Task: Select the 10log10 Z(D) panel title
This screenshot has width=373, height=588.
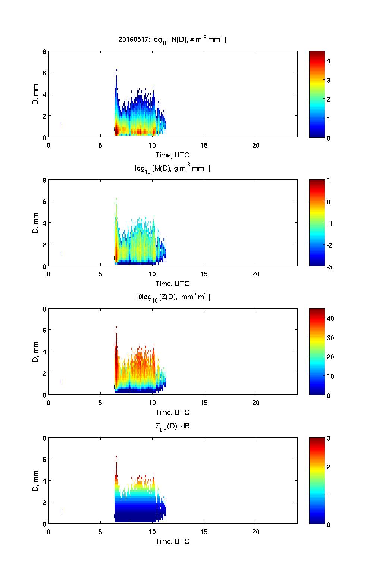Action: tap(172, 297)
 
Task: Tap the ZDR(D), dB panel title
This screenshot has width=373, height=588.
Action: tap(172, 426)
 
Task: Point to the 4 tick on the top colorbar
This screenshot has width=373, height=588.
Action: tap(328, 61)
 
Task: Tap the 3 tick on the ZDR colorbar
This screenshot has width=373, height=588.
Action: tap(328, 438)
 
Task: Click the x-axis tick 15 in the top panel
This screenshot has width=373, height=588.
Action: tap(204, 146)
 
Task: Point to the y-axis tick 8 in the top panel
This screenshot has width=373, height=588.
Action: tap(44, 52)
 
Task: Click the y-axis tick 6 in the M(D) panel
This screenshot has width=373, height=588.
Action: tap(44, 201)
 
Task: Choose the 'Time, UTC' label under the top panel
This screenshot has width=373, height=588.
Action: tap(172, 155)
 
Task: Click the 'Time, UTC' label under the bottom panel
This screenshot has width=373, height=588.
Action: tap(172, 541)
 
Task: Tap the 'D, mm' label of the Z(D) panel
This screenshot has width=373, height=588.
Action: tap(36, 352)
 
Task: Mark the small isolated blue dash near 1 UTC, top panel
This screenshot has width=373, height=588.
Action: tap(60, 125)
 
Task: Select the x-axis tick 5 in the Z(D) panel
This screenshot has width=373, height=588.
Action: tap(100, 403)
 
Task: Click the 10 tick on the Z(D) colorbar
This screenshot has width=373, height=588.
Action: tap(330, 376)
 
